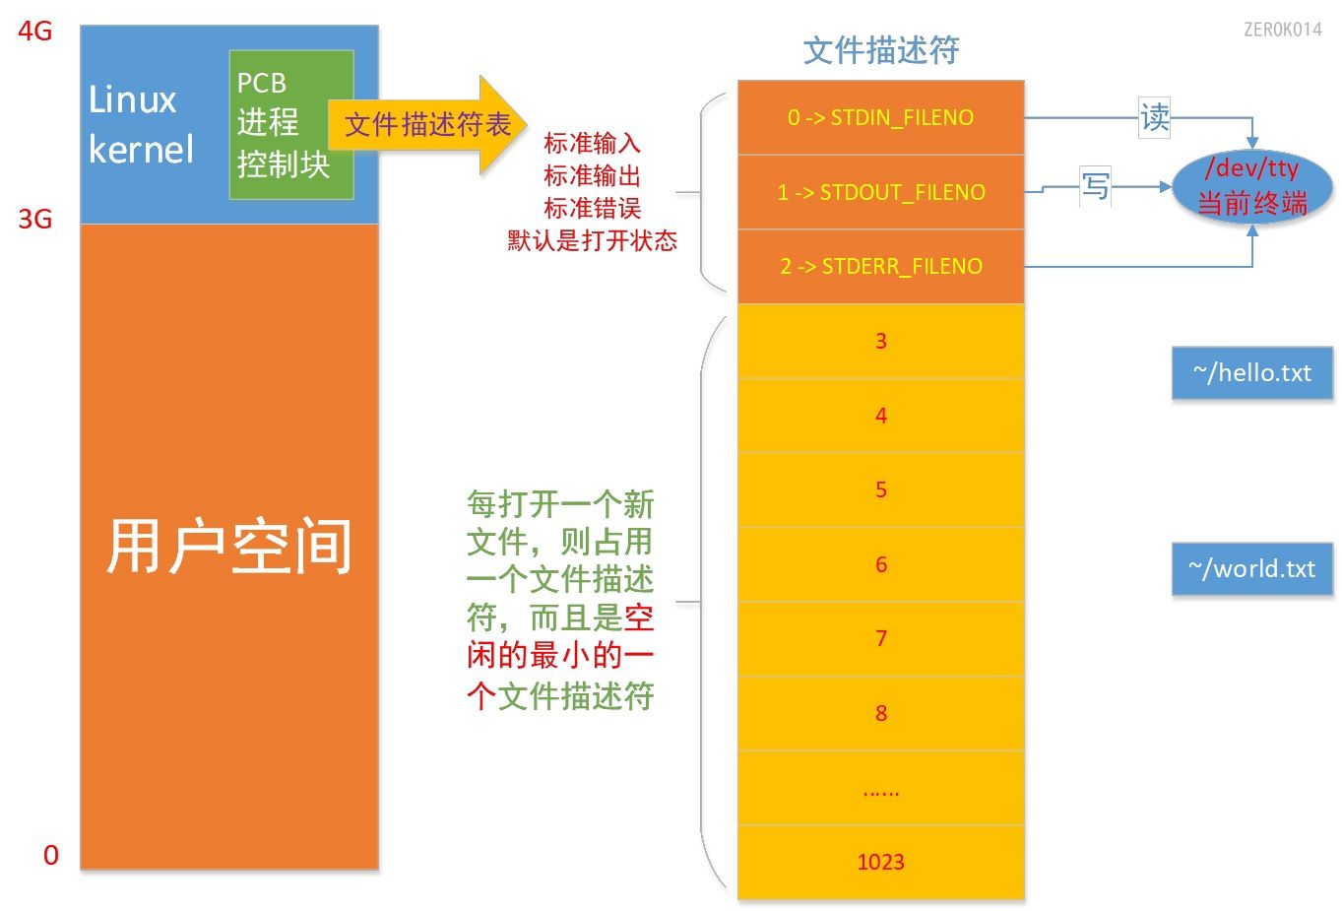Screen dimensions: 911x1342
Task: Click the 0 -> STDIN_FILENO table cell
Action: click(x=880, y=117)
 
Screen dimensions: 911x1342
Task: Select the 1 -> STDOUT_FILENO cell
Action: click(x=880, y=192)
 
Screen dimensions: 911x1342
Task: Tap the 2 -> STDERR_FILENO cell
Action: click(x=880, y=266)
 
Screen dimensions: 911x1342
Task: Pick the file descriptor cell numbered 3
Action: click(x=880, y=341)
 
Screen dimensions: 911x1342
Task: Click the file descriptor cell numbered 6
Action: click(x=880, y=564)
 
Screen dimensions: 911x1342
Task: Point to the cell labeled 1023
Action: click(x=880, y=862)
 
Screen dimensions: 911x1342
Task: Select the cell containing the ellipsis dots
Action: click(x=880, y=788)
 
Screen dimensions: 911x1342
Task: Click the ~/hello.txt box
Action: click(x=1251, y=372)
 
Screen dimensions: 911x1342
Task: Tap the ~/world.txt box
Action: click(x=1251, y=568)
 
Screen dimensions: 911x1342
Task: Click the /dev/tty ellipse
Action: click(x=1251, y=185)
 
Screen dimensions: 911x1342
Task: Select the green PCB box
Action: click(x=290, y=124)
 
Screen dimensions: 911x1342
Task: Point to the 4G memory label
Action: click(x=35, y=32)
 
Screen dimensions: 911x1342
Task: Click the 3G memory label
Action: click(x=35, y=219)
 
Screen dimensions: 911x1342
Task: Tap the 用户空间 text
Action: click(x=228, y=547)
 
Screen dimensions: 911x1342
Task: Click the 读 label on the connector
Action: click(x=1154, y=118)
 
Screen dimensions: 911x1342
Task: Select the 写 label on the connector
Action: click(x=1095, y=185)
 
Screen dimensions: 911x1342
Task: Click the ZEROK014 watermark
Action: click(x=1282, y=30)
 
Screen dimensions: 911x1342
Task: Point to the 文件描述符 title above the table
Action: click(x=880, y=50)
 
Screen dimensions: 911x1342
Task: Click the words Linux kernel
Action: click(x=141, y=125)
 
